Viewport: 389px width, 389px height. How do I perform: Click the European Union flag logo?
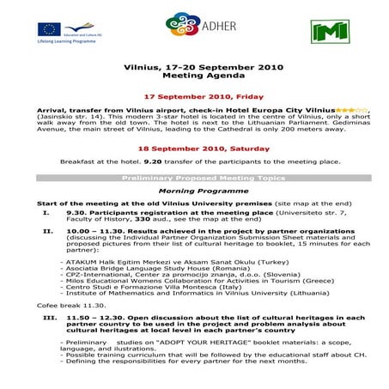pos(49,28)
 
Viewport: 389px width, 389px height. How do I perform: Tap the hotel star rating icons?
pos(352,111)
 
